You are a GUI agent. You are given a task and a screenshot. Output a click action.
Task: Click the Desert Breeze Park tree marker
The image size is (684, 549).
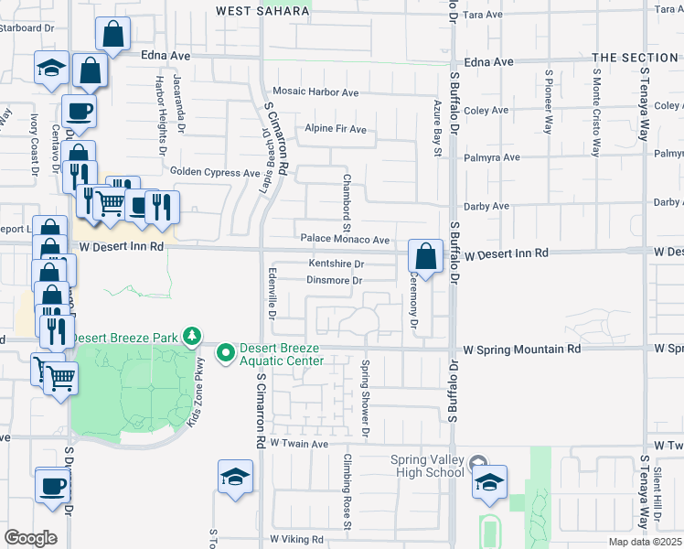192,337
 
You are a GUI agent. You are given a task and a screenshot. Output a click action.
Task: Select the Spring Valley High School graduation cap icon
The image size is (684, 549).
489,481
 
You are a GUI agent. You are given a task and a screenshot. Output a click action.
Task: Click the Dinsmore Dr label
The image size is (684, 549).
336,280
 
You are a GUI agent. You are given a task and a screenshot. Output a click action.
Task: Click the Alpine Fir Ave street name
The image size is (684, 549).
336,129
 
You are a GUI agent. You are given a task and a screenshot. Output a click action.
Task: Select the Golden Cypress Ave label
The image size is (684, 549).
216,172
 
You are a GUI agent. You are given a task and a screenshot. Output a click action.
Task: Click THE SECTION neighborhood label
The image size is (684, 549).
635,58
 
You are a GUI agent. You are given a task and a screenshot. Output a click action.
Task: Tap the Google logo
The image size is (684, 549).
30,538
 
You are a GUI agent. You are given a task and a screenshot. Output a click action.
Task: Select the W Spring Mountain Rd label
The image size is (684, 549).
522,350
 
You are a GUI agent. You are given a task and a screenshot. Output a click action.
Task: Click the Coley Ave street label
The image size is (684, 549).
486,111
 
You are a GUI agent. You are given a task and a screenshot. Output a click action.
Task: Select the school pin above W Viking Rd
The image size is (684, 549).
235,476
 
